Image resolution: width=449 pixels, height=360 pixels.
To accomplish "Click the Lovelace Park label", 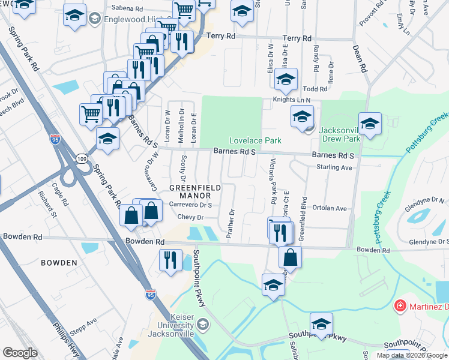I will (x=255, y=140).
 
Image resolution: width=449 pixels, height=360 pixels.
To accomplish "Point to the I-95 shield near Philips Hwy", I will (x=151, y=295).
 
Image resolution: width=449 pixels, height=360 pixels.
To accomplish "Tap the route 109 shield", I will (x=82, y=158).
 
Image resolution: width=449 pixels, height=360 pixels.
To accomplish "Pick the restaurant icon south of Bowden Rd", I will (x=170, y=260).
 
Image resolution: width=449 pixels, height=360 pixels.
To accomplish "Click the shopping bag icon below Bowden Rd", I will (x=290, y=256).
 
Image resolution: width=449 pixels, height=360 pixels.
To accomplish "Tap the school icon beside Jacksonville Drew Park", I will (x=370, y=124).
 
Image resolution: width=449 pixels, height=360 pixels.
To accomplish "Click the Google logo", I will (x=20, y=353).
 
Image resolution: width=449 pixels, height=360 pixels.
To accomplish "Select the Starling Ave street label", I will (x=334, y=167).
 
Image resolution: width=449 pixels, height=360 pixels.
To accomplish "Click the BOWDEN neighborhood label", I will (x=59, y=263).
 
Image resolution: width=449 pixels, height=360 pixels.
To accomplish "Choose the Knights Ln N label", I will (x=292, y=100).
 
